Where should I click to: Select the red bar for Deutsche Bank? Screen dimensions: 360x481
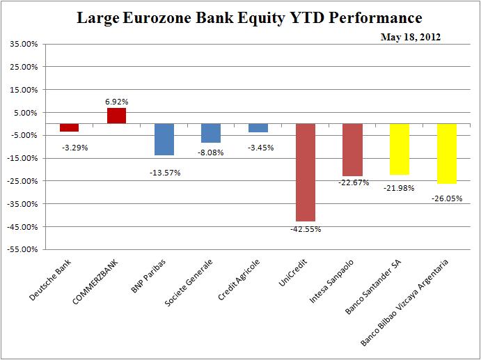(x=69, y=127)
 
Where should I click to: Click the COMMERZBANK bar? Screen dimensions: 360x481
(x=116, y=116)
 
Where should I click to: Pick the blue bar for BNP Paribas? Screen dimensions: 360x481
(x=164, y=139)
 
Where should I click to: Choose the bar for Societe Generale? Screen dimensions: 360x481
(x=211, y=133)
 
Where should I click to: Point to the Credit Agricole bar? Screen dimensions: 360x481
(x=258, y=128)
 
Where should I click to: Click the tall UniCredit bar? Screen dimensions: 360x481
(x=306, y=172)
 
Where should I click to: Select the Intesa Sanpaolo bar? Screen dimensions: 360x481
(x=352, y=150)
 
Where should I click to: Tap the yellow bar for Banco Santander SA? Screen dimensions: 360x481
(x=399, y=149)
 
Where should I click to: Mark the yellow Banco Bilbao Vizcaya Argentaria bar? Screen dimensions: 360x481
(x=446, y=153)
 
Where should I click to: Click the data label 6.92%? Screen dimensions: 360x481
(x=117, y=102)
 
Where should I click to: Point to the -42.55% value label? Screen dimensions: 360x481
(x=306, y=229)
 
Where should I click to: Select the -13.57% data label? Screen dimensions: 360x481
(x=164, y=172)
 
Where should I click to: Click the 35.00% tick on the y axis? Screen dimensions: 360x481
(x=24, y=44)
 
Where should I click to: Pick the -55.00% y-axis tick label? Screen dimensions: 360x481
(x=22, y=249)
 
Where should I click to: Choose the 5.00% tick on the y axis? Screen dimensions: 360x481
(x=25, y=113)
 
